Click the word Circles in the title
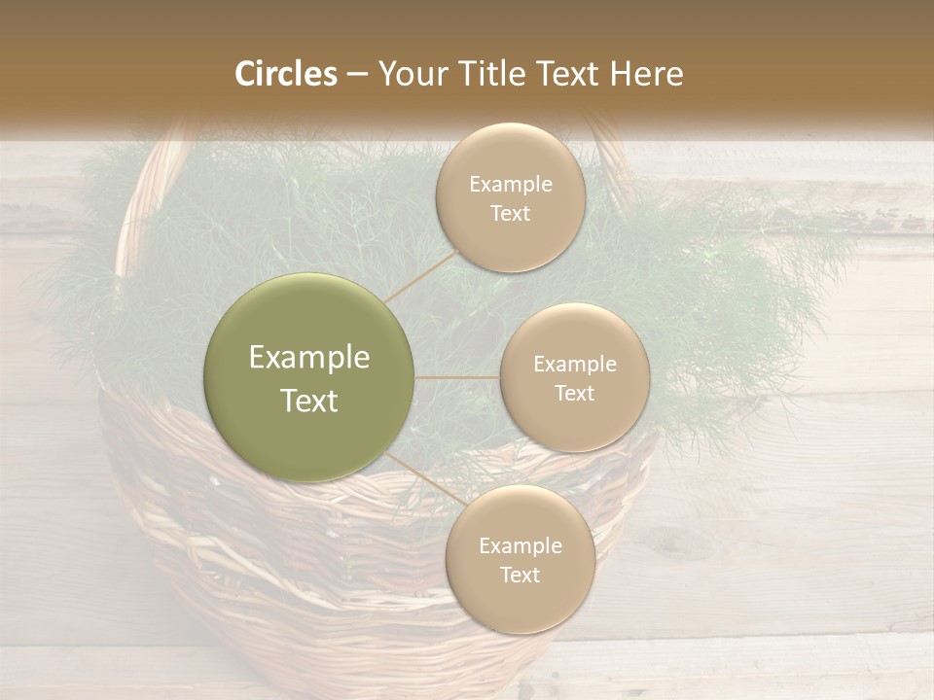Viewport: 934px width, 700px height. [x=286, y=74]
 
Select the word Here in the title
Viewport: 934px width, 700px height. [x=646, y=74]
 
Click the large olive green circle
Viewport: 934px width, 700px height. [x=309, y=378]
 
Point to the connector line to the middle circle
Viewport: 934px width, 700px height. [x=457, y=377]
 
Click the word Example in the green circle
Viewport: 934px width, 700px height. [x=309, y=358]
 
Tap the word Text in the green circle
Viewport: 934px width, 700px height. [x=309, y=401]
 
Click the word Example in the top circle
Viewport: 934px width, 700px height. [x=510, y=185]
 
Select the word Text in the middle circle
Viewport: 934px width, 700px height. [x=574, y=394]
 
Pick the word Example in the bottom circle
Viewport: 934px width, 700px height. [x=520, y=546]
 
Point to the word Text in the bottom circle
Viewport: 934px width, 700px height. [x=520, y=576]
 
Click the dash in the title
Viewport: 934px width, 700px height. [x=357, y=75]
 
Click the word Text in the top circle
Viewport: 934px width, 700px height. [x=510, y=214]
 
